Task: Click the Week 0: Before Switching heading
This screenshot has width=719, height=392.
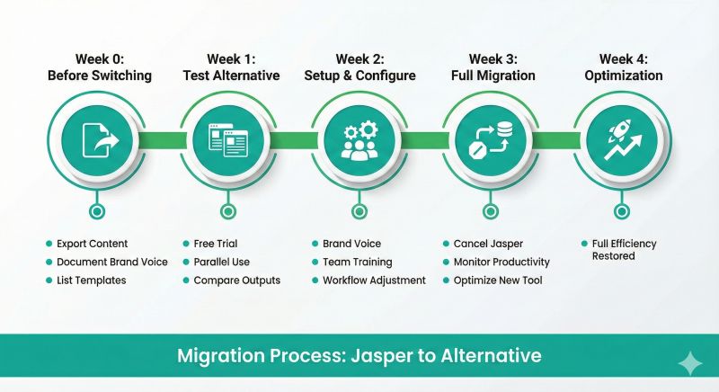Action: pyautogui.click(x=98, y=67)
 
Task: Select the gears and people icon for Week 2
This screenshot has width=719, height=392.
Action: pyautogui.click(x=359, y=141)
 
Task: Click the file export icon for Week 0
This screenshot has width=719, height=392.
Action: pyautogui.click(x=98, y=141)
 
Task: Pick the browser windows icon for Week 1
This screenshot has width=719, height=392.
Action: pyautogui.click(x=227, y=141)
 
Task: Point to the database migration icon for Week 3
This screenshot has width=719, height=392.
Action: pyautogui.click(x=490, y=141)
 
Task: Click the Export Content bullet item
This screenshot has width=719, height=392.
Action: pyautogui.click(x=92, y=244)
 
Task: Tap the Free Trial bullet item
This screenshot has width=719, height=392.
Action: pyautogui.click(x=216, y=244)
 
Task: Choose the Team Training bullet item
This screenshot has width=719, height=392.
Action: pyautogui.click(x=358, y=262)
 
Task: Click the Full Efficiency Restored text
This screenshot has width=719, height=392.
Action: pyautogui.click(x=624, y=250)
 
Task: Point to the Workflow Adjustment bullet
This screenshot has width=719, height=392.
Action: pyautogui.click(x=374, y=280)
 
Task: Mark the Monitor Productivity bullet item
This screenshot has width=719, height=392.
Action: pyautogui.click(x=502, y=262)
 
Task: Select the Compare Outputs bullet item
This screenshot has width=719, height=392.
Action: pyautogui.click(x=237, y=280)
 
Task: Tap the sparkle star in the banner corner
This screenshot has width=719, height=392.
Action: pyautogui.click(x=691, y=362)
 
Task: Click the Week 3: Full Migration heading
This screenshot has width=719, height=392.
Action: pyautogui.click(x=490, y=67)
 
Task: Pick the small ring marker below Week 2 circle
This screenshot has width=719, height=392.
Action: pyautogui.click(x=359, y=212)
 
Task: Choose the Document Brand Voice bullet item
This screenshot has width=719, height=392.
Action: pyautogui.click(x=112, y=262)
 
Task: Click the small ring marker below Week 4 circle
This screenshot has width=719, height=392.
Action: pyautogui.click(x=621, y=212)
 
